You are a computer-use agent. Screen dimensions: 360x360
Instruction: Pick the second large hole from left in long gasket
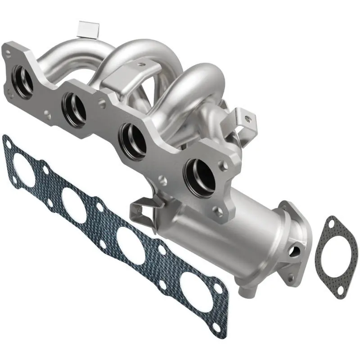(x=74, y=205)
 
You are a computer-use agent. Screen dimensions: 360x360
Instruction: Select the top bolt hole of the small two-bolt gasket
(x=332, y=223)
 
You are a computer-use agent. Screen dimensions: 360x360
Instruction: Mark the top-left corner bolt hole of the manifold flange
(x=8, y=52)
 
